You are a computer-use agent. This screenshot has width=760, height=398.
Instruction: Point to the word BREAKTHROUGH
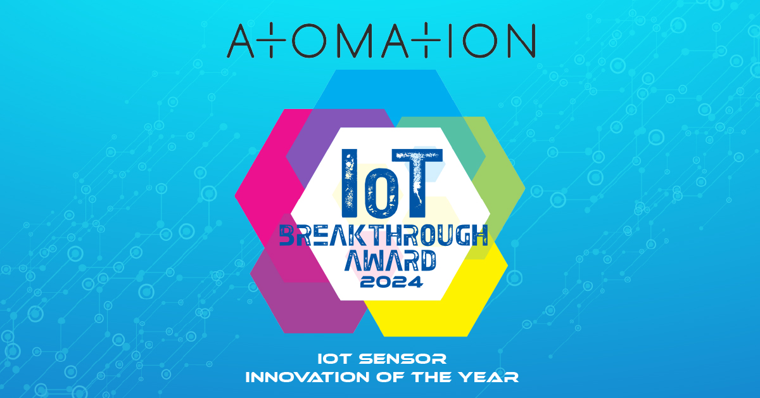[x=384, y=236]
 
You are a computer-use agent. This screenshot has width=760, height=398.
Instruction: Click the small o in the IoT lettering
[x=379, y=190]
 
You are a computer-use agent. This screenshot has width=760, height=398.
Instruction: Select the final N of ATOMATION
[x=519, y=42]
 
